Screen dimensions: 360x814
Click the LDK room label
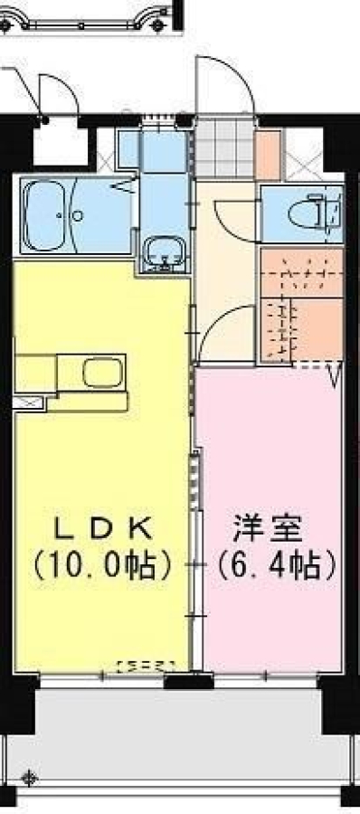(x=104, y=530)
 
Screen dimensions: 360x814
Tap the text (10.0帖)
(x=102, y=566)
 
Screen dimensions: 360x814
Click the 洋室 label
(x=268, y=530)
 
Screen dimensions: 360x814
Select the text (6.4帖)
(x=276, y=566)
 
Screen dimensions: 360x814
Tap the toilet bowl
(x=311, y=212)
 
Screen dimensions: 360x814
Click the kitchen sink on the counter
(x=102, y=373)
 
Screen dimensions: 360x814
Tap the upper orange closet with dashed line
(x=301, y=272)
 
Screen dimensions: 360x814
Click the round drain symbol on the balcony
(x=30, y=778)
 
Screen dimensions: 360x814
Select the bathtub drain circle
(x=77, y=215)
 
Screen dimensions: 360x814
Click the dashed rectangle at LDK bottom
(x=147, y=665)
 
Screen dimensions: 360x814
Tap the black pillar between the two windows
(x=188, y=680)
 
